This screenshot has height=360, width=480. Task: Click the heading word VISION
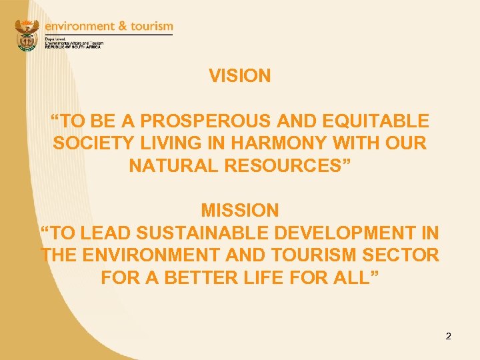(x=240, y=76)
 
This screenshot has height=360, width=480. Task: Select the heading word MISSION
(x=240, y=211)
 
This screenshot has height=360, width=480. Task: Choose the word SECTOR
(x=405, y=255)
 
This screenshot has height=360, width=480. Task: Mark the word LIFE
(x=261, y=277)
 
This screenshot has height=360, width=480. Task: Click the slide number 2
(x=449, y=336)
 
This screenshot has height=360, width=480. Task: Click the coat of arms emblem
(x=27, y=35)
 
